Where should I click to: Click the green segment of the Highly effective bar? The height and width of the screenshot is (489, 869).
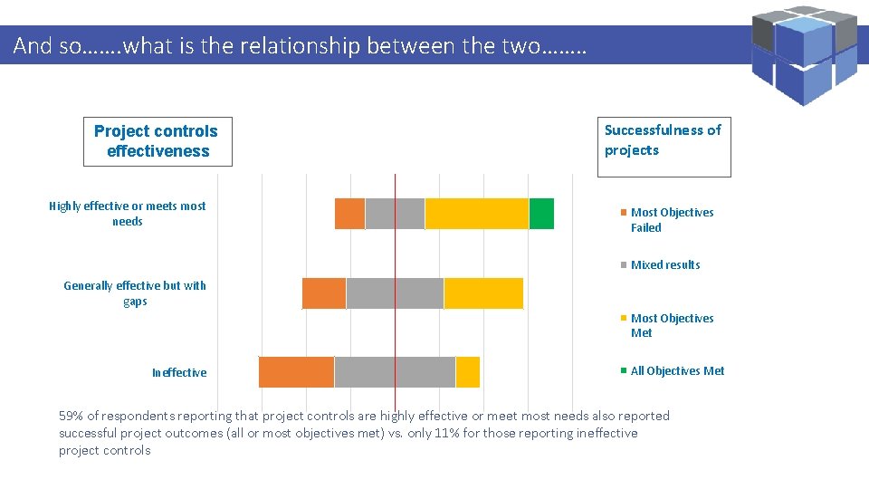541,214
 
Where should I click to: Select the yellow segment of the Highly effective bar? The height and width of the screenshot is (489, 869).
476,214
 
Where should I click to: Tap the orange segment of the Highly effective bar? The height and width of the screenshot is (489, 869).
349,214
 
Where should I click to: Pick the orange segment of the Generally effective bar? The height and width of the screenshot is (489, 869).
324,293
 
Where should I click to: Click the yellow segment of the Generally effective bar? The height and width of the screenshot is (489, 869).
483,293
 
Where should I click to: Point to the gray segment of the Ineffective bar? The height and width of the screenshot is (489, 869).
395,372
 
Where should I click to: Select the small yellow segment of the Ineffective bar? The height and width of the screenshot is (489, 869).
467,372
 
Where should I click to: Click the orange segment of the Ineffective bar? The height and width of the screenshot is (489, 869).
296,372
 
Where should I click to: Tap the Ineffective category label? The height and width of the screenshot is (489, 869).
179,373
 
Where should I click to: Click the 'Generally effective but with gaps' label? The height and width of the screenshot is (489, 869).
135,293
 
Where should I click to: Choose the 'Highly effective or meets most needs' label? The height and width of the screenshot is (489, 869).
128,214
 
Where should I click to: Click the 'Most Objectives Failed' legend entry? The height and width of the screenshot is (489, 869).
671,220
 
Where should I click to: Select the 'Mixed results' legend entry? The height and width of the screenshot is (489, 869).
664,265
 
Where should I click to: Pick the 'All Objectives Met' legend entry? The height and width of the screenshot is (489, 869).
676,371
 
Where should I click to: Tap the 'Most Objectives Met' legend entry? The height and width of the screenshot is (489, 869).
671,325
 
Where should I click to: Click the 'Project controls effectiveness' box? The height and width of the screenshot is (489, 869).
158,141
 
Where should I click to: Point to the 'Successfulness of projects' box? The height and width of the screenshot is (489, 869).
664,147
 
